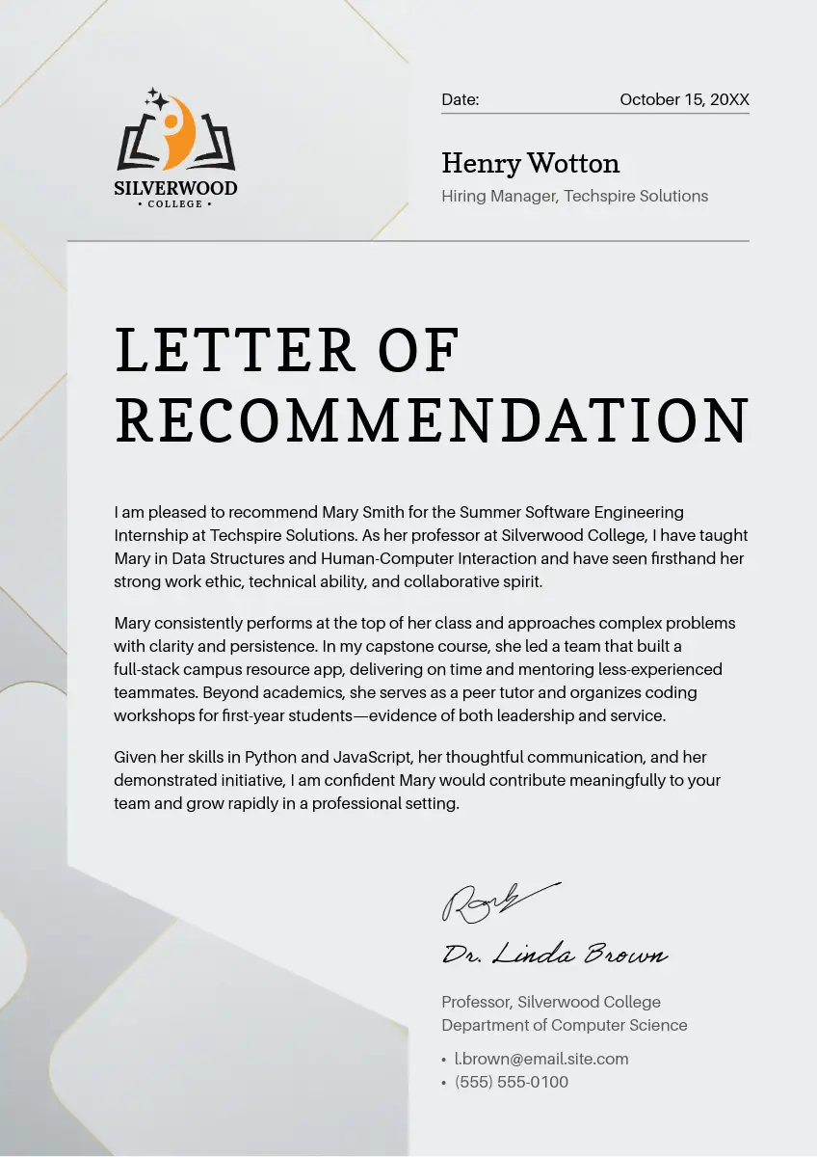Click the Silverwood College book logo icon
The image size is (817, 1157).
click(x=176, y=134)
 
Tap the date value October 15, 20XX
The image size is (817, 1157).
click(x=684, y=99)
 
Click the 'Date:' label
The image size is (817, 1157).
click(x=460, y=99)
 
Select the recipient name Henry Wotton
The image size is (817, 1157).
click(x=530, y=163)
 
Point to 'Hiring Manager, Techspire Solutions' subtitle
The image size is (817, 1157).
click(x=574, y=196)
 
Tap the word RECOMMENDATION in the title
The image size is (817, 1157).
click(x=432, y=419)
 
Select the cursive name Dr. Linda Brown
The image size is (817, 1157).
click(x=554, y=955)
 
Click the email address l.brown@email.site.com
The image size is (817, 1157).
click(x=541, y=1059)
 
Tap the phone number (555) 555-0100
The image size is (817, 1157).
click(x=512, y=1082)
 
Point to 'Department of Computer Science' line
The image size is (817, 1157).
click(x=565, y=1025)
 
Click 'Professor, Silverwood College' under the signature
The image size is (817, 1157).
click(x=551, y=1002)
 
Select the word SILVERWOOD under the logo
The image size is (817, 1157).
click(x=175, y=188)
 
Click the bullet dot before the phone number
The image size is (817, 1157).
click(x=443, y=1083)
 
